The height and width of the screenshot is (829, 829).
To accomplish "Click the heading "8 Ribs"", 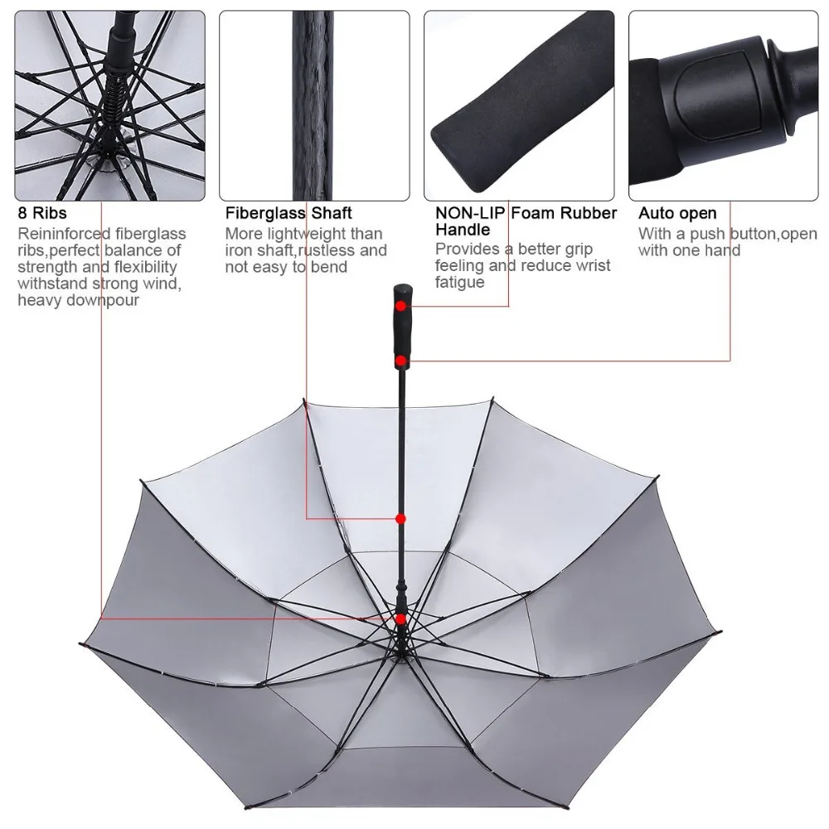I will pyautogui.click(x=42, y=214).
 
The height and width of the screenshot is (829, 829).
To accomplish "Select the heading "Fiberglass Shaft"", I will pyautogui.click(x=288, y=214).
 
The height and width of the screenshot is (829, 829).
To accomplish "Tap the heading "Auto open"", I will pyautogui.click(x=677, y=214).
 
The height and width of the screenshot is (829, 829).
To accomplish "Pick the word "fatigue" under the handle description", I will pyautogui.click(x=459, y=283).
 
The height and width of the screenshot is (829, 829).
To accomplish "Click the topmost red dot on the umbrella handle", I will pyautogui.click(x=400, y=305).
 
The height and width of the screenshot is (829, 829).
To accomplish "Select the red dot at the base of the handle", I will pyautogui.click(x=400, y=361).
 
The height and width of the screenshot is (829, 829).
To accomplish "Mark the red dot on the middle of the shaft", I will pyautogui.click(x=400, y=519).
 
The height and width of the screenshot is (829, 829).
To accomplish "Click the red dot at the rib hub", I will pyautogui.click(x=400, y=618).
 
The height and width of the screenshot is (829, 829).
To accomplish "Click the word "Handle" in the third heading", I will pyautogui.click(x=462, y=230).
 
